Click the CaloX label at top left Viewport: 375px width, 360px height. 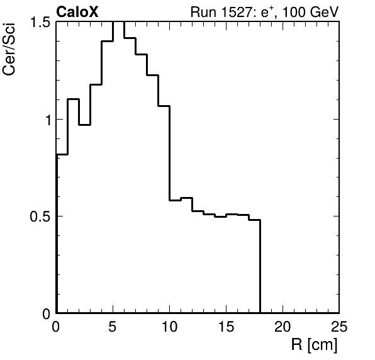point(77,12)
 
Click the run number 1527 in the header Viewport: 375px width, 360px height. point(235,12)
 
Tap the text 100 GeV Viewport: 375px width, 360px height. point(310,12)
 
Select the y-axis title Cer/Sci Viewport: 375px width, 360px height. point(9,49)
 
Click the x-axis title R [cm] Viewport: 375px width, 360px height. point(314,345)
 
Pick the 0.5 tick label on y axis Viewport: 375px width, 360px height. point(40,217)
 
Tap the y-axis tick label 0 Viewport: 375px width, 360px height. point(47,314)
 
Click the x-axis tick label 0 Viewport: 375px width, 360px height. point(56,326)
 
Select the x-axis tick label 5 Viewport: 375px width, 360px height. point(113,326)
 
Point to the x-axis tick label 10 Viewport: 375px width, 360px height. point(169,326)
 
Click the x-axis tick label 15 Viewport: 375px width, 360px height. point(226,326)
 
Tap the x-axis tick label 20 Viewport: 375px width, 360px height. point(283,326)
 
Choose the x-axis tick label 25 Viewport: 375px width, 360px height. point(339,326)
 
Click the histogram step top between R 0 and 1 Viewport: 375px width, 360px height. point(62,155)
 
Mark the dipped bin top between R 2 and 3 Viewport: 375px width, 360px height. point(85,125)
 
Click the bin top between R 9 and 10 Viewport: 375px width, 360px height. point(164,106)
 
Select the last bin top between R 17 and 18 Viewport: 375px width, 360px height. point(255,220)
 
